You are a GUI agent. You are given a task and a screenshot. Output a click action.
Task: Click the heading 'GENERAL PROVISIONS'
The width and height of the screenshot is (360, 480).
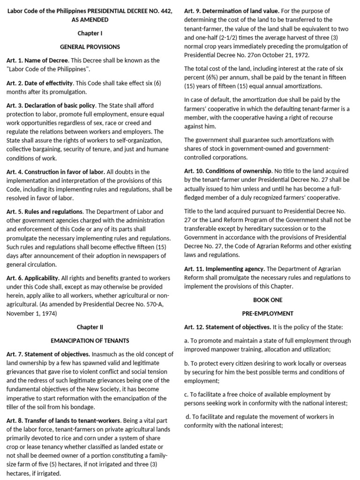[90, 47]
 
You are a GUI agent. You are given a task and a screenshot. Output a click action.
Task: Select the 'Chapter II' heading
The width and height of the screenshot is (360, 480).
[90, 326]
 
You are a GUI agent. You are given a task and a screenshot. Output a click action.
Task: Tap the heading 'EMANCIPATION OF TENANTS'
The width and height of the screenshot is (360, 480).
[90, 340]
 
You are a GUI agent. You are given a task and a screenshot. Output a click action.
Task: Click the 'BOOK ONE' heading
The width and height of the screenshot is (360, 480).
[268, 300]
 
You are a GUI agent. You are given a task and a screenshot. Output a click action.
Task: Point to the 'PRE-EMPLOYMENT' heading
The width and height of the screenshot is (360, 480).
[268, 313]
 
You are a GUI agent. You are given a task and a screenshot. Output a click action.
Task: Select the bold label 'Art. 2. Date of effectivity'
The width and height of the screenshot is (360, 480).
[40, 83]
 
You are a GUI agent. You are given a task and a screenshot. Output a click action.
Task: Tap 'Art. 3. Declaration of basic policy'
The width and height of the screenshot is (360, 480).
[51, 105]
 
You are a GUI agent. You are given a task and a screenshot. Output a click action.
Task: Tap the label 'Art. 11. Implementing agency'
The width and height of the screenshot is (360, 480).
[224, 269]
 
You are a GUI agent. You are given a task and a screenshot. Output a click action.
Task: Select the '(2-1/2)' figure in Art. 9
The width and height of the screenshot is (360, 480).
[214, 37]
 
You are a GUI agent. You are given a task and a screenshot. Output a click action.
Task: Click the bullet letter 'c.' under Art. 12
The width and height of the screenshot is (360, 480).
[187, 395]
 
